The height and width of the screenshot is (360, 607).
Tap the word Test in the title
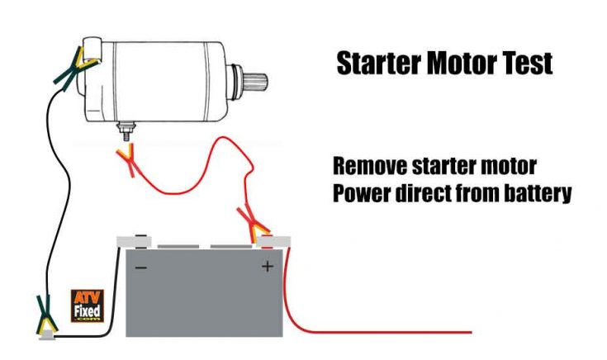pos(524,64)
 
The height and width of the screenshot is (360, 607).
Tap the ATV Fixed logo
pos(87,305)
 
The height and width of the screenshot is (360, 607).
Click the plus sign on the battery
pos(267,267)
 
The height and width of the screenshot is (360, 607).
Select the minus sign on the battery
pos(140,267)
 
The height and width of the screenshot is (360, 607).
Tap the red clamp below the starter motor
pos(126,159)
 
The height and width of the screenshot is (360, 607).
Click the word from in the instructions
pos(478,196)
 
